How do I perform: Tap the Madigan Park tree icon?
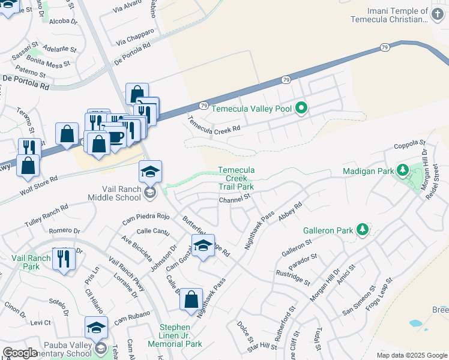click(403, 171)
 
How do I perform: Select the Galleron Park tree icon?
click(362, 230)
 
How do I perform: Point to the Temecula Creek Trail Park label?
click(236, 178)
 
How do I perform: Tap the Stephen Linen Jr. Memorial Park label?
click(180, 335)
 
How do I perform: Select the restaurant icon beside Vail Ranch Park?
click(63, 259)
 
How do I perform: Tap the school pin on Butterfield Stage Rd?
click(203, 245)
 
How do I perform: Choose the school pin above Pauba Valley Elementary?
click(96, 327)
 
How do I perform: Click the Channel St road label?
click(234, 200)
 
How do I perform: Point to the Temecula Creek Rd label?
click(214, 124)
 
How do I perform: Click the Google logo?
click(20, 353)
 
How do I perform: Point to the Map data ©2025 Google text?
click(412, 355)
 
